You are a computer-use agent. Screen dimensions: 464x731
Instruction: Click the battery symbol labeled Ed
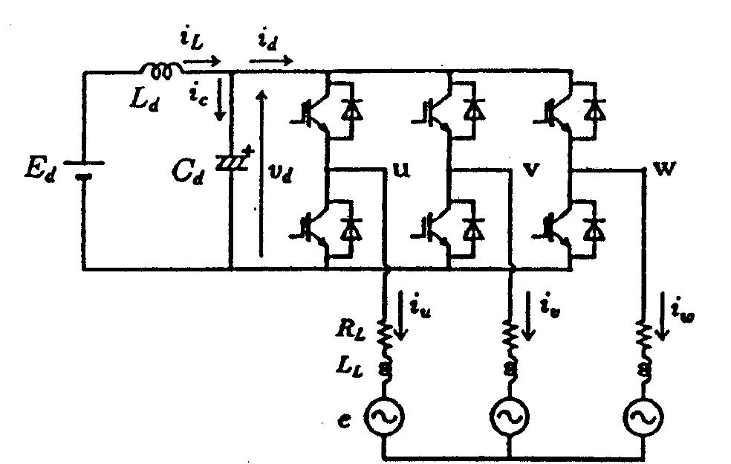click(83, 170)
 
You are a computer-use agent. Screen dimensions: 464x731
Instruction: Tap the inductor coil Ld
click(158, 71)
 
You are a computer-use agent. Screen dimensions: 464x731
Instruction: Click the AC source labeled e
click(384, 419)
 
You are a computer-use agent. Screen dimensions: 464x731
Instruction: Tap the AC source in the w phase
click(643, 419)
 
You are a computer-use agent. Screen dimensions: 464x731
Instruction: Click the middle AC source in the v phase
click(510, 419)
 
